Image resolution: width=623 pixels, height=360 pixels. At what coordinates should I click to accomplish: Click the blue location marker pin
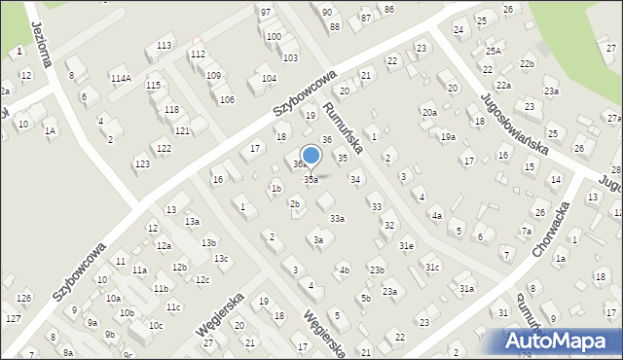click(311, 156)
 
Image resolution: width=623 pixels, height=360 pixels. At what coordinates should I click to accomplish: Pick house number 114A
click(121, 78)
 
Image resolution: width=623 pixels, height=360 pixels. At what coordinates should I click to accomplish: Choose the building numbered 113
click(165, 46)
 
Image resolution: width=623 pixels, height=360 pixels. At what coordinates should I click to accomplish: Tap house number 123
click(142, 163)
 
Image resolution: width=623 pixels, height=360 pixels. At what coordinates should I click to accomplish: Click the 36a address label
click(301, 164)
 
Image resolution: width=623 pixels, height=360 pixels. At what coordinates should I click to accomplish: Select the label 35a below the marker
click(311, 179)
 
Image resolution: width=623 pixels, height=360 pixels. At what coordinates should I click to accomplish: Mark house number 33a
click(337, 219)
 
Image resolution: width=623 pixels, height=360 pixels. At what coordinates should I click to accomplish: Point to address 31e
click(406, 245)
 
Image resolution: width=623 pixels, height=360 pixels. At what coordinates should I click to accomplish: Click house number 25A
click(494, 51)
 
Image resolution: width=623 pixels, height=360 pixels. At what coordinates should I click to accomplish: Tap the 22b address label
click(527, 63)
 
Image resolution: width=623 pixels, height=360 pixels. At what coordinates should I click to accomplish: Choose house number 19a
click(447, 137)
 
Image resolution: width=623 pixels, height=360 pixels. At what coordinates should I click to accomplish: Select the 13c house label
click(222, 258)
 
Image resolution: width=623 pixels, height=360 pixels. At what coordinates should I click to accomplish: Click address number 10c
click(156, 325)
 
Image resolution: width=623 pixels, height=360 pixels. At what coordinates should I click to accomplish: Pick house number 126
click(24, 297)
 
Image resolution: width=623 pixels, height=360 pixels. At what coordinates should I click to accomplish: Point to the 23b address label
click(377, 270)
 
